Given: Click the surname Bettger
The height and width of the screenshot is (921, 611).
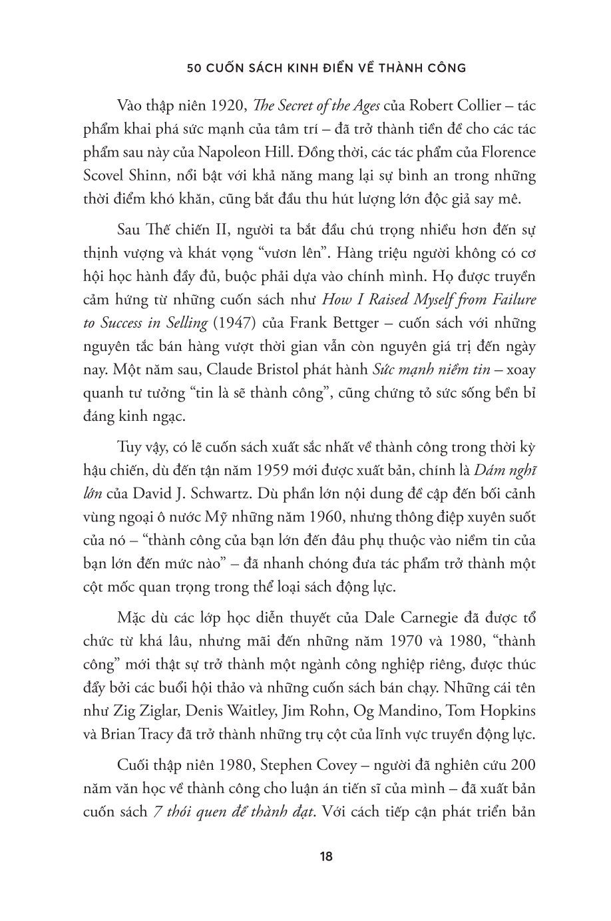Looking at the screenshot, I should coord(355,324).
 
